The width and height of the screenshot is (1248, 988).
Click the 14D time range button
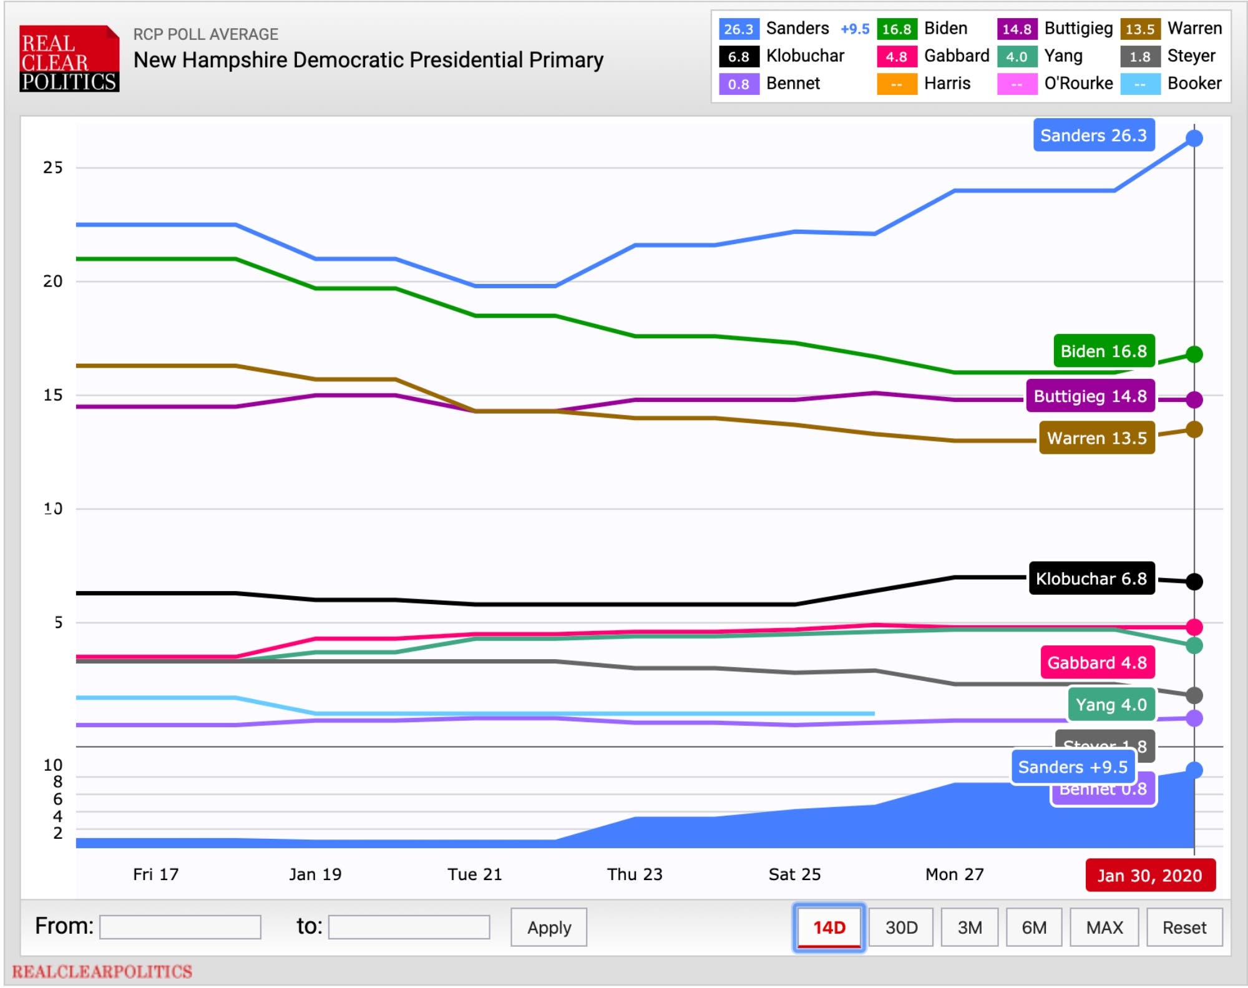[x=829, y=927]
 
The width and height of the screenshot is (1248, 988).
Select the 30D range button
[x=901, y=927]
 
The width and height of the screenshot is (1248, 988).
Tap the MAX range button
[x=1104, y=927]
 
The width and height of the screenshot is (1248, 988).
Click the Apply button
[x=548, y=927]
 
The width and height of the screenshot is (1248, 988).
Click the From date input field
[x=180, y=927]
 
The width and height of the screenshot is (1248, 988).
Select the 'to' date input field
[x=409, y=927]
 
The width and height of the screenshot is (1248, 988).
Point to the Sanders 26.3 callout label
[x=1093, y=135]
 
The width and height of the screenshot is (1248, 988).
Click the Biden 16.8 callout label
[x=1103, y=351]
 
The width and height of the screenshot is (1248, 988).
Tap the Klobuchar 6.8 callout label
[x=1091, y=579]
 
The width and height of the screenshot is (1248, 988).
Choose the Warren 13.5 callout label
[x=1096, y=438]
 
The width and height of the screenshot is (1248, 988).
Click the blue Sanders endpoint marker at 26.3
[x=1194, y=138]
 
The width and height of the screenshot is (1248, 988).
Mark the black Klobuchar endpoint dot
[x=1194, y=582]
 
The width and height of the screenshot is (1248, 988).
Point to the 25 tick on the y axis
[x=53, y=167]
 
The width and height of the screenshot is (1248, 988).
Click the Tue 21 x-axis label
[x=474, y=874]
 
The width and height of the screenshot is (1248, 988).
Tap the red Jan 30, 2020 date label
[x=1149, y=876]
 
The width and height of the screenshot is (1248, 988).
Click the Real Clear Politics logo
[x=69, y=59]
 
